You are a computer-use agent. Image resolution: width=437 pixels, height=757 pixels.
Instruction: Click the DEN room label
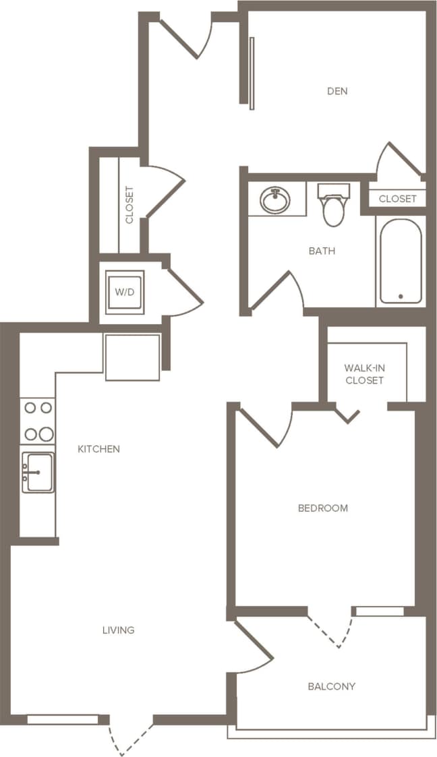click(x=337, y=91)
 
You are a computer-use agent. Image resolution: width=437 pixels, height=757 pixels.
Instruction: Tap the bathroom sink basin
click(x=275, y=200)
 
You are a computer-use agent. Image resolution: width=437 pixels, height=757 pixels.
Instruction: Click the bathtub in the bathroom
click(x=401, y=261)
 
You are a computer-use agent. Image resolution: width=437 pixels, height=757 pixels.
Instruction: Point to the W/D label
click(x=125, y=293)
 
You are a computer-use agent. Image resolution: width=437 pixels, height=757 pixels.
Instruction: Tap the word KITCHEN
click(x=98, y=449)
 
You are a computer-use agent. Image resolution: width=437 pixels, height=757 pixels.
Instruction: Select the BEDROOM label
click(x=323, y=508)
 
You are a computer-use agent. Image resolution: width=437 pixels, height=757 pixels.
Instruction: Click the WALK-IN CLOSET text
click(x=364, y=374)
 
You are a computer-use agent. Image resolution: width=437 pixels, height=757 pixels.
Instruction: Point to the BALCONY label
click(x=331, y=687)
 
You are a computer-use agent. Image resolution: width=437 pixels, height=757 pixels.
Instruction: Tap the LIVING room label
click(x=119, y=630)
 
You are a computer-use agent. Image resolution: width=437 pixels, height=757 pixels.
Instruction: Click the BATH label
click(x=322, y=251)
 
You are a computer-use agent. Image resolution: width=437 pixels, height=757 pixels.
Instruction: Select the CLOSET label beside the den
click(x=398, y=199)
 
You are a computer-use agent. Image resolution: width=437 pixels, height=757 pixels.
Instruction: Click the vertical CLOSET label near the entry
click(x=129, y=205)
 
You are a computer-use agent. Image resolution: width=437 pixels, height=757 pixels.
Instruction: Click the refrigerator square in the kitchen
click(x=132, y=357)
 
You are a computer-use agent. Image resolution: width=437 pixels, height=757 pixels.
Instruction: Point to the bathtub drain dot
click(x=401, y=296)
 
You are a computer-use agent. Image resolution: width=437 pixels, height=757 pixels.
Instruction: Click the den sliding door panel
click(x=252, y=73)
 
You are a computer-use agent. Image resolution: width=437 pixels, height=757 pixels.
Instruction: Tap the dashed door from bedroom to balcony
click(x=330, y=630)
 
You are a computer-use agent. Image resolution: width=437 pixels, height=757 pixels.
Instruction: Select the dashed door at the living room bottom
click(x=130, y=736)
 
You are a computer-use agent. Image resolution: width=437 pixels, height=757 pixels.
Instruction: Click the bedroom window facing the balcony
click(x=379, y=611)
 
